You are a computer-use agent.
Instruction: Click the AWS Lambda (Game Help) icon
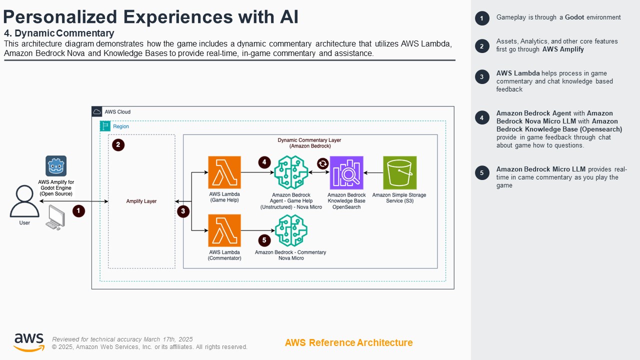pyautogui.click(x=224, y=172)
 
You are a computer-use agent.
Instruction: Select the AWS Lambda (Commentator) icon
pyautogui.click(x=224, y=230)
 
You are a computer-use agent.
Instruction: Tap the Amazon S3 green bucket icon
pyautogui.click(x=399, y=172)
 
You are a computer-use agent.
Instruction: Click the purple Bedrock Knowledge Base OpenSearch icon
pyautogui.click(x=346, y=172)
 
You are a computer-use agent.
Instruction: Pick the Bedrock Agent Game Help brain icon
pyautogui.click(x=290, y=172)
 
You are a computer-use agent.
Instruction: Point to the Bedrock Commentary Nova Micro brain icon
pyautogui.click(x=290, y=230)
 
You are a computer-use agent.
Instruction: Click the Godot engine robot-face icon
pyautogui.click(x=56, y=166)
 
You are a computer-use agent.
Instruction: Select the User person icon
pyautogui.click(x=24, y=201)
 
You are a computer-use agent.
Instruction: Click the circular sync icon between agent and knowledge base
pyautogui.click(x=323, y=163)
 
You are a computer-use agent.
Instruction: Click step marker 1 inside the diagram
pyautogui.click(x=78, y=211)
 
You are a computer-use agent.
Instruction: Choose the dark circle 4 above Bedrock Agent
pyautogui.click(x=264, y=162)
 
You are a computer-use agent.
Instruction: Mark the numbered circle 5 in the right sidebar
pyautogui.click(x=481, y=173)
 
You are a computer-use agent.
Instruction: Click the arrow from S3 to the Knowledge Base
pyautogui.click(x=373, y=172)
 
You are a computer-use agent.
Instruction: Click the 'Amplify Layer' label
pyautogui.click(x=141, y=201)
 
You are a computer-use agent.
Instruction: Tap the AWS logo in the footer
pyautogui.click(x=28, y=342)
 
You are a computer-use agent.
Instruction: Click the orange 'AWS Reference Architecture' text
pyautogui.click(x=348, y=342)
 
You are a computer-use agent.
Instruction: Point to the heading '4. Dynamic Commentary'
pyautogui.click(x=59, y=33)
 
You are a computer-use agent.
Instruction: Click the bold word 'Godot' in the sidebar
pyautogui.click(x=574, y=17)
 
